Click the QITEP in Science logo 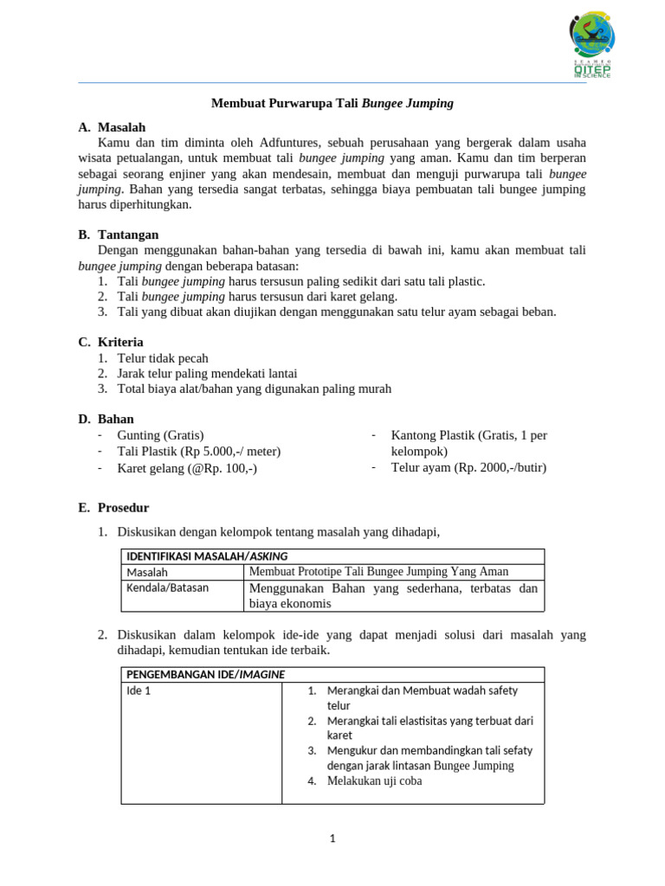click(592, 46)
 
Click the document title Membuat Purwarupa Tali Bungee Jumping click(332, 103)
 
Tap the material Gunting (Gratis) click(160, 435)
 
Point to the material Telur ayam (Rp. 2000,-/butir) click(468, 467)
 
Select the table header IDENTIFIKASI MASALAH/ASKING click(207, 556)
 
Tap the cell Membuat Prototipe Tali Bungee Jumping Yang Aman click(378, 571)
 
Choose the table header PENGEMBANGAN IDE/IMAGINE click(206, 674)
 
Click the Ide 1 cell click(139, 690)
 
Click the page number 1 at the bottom click(332, 838)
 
